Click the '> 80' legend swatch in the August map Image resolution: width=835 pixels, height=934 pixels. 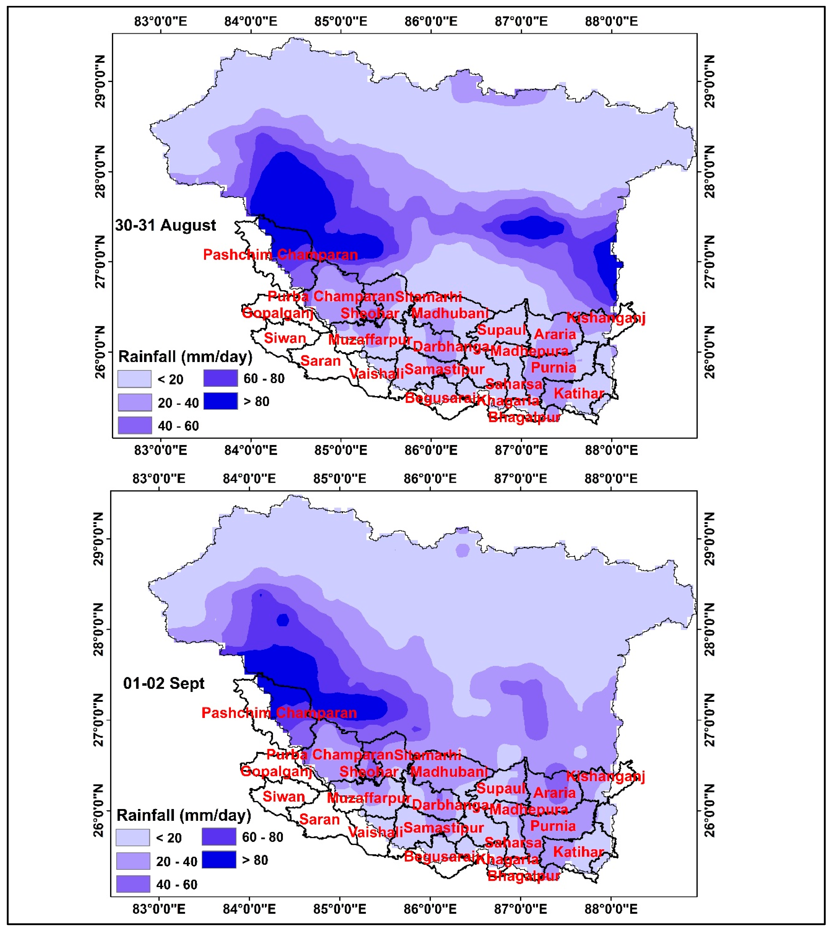pos(221,401)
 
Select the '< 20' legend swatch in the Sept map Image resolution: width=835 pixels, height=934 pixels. pos(133,837)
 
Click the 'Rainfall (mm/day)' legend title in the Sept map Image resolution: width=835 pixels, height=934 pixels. pos(184,815)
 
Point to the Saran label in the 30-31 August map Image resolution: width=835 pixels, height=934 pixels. pos(320,361)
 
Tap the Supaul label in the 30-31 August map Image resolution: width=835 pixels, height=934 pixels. pos(501,330)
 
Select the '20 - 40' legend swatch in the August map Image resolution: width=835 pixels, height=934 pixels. pos(135,402)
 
